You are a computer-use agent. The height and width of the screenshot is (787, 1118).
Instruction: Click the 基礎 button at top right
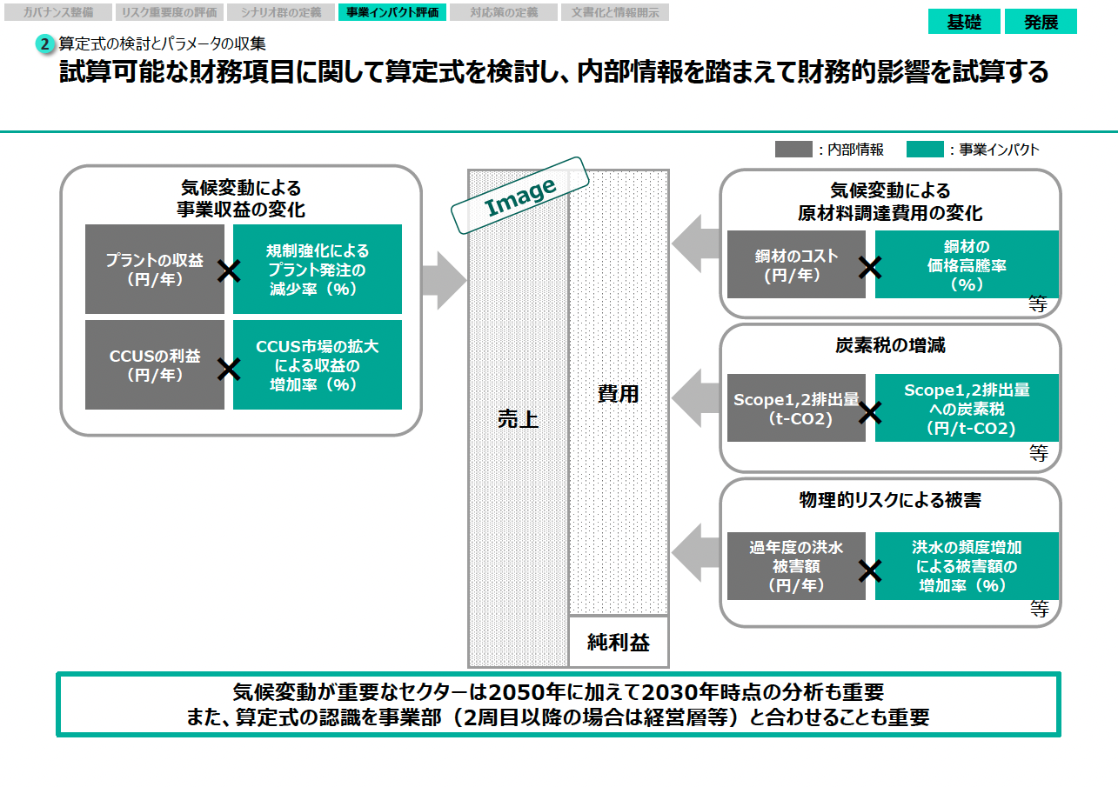tap(963, 22)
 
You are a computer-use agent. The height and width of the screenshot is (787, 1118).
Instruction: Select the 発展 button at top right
tap(1041, 22)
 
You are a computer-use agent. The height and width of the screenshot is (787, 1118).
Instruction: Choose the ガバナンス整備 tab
tap(58, 12)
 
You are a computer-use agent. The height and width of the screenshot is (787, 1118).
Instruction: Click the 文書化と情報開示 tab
tap(615, 12)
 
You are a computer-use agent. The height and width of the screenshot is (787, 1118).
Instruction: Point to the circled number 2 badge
tap(46, 43)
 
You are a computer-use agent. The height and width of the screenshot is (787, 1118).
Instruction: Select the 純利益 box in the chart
tap(619, 642)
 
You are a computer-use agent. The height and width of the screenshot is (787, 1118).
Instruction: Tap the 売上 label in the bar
tap(518, 418)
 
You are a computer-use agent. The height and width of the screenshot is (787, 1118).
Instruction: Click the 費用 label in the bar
tap(619, 393)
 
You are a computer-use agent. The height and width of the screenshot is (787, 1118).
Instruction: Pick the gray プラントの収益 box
tap(154, 269)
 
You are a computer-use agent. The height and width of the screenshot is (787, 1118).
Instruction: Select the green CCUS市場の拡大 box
tap(318, 365)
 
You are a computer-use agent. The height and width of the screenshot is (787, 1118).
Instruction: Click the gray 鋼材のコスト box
tap(796, 264)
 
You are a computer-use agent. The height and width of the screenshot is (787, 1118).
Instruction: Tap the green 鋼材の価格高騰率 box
tap(967, 264)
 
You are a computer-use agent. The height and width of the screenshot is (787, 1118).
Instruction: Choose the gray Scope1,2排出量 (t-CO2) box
tap(796, 408)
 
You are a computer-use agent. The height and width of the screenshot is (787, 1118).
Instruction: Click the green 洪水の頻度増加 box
tap(967, 566)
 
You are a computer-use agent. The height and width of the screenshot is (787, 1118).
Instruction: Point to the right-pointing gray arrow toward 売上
tap(444, 280)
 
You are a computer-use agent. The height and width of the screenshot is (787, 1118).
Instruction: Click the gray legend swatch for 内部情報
tap(793, 150)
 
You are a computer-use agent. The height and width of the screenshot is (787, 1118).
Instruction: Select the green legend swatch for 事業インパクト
tap(924, 150)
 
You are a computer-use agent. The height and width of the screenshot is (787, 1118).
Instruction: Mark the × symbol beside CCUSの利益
tap(229, 370)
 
